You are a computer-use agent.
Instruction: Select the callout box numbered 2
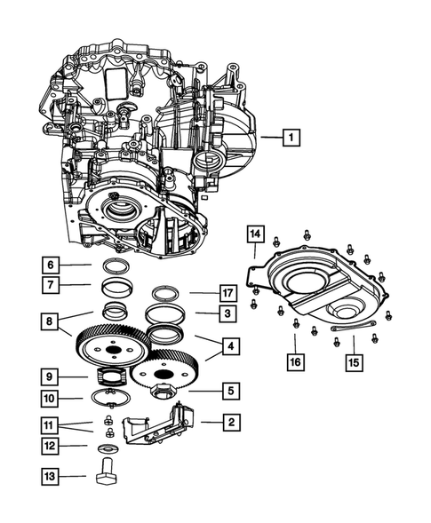[230, 423]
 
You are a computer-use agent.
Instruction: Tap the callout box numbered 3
[229, 313]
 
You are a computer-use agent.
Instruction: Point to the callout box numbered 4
[229, 345]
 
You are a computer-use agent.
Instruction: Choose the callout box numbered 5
[229, 389]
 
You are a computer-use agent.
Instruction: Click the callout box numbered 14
[256, 234]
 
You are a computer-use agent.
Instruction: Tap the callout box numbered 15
[354, 361]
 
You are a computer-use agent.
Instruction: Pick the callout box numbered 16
[295, 361]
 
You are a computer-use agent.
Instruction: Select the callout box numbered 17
[229, 292]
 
